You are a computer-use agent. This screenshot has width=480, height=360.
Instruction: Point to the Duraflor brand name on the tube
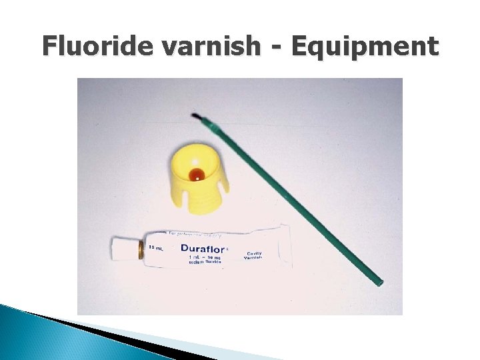204,248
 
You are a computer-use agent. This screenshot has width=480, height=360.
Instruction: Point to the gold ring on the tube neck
140,251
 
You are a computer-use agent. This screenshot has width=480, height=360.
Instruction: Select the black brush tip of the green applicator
196,117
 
